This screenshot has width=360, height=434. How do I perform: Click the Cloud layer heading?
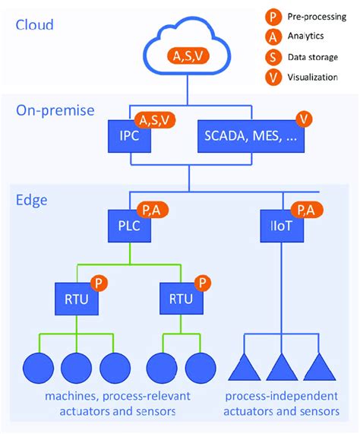[35, 25]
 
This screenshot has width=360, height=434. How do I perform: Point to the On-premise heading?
[55, 109]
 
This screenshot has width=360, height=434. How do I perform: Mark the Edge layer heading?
[33, 200]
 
